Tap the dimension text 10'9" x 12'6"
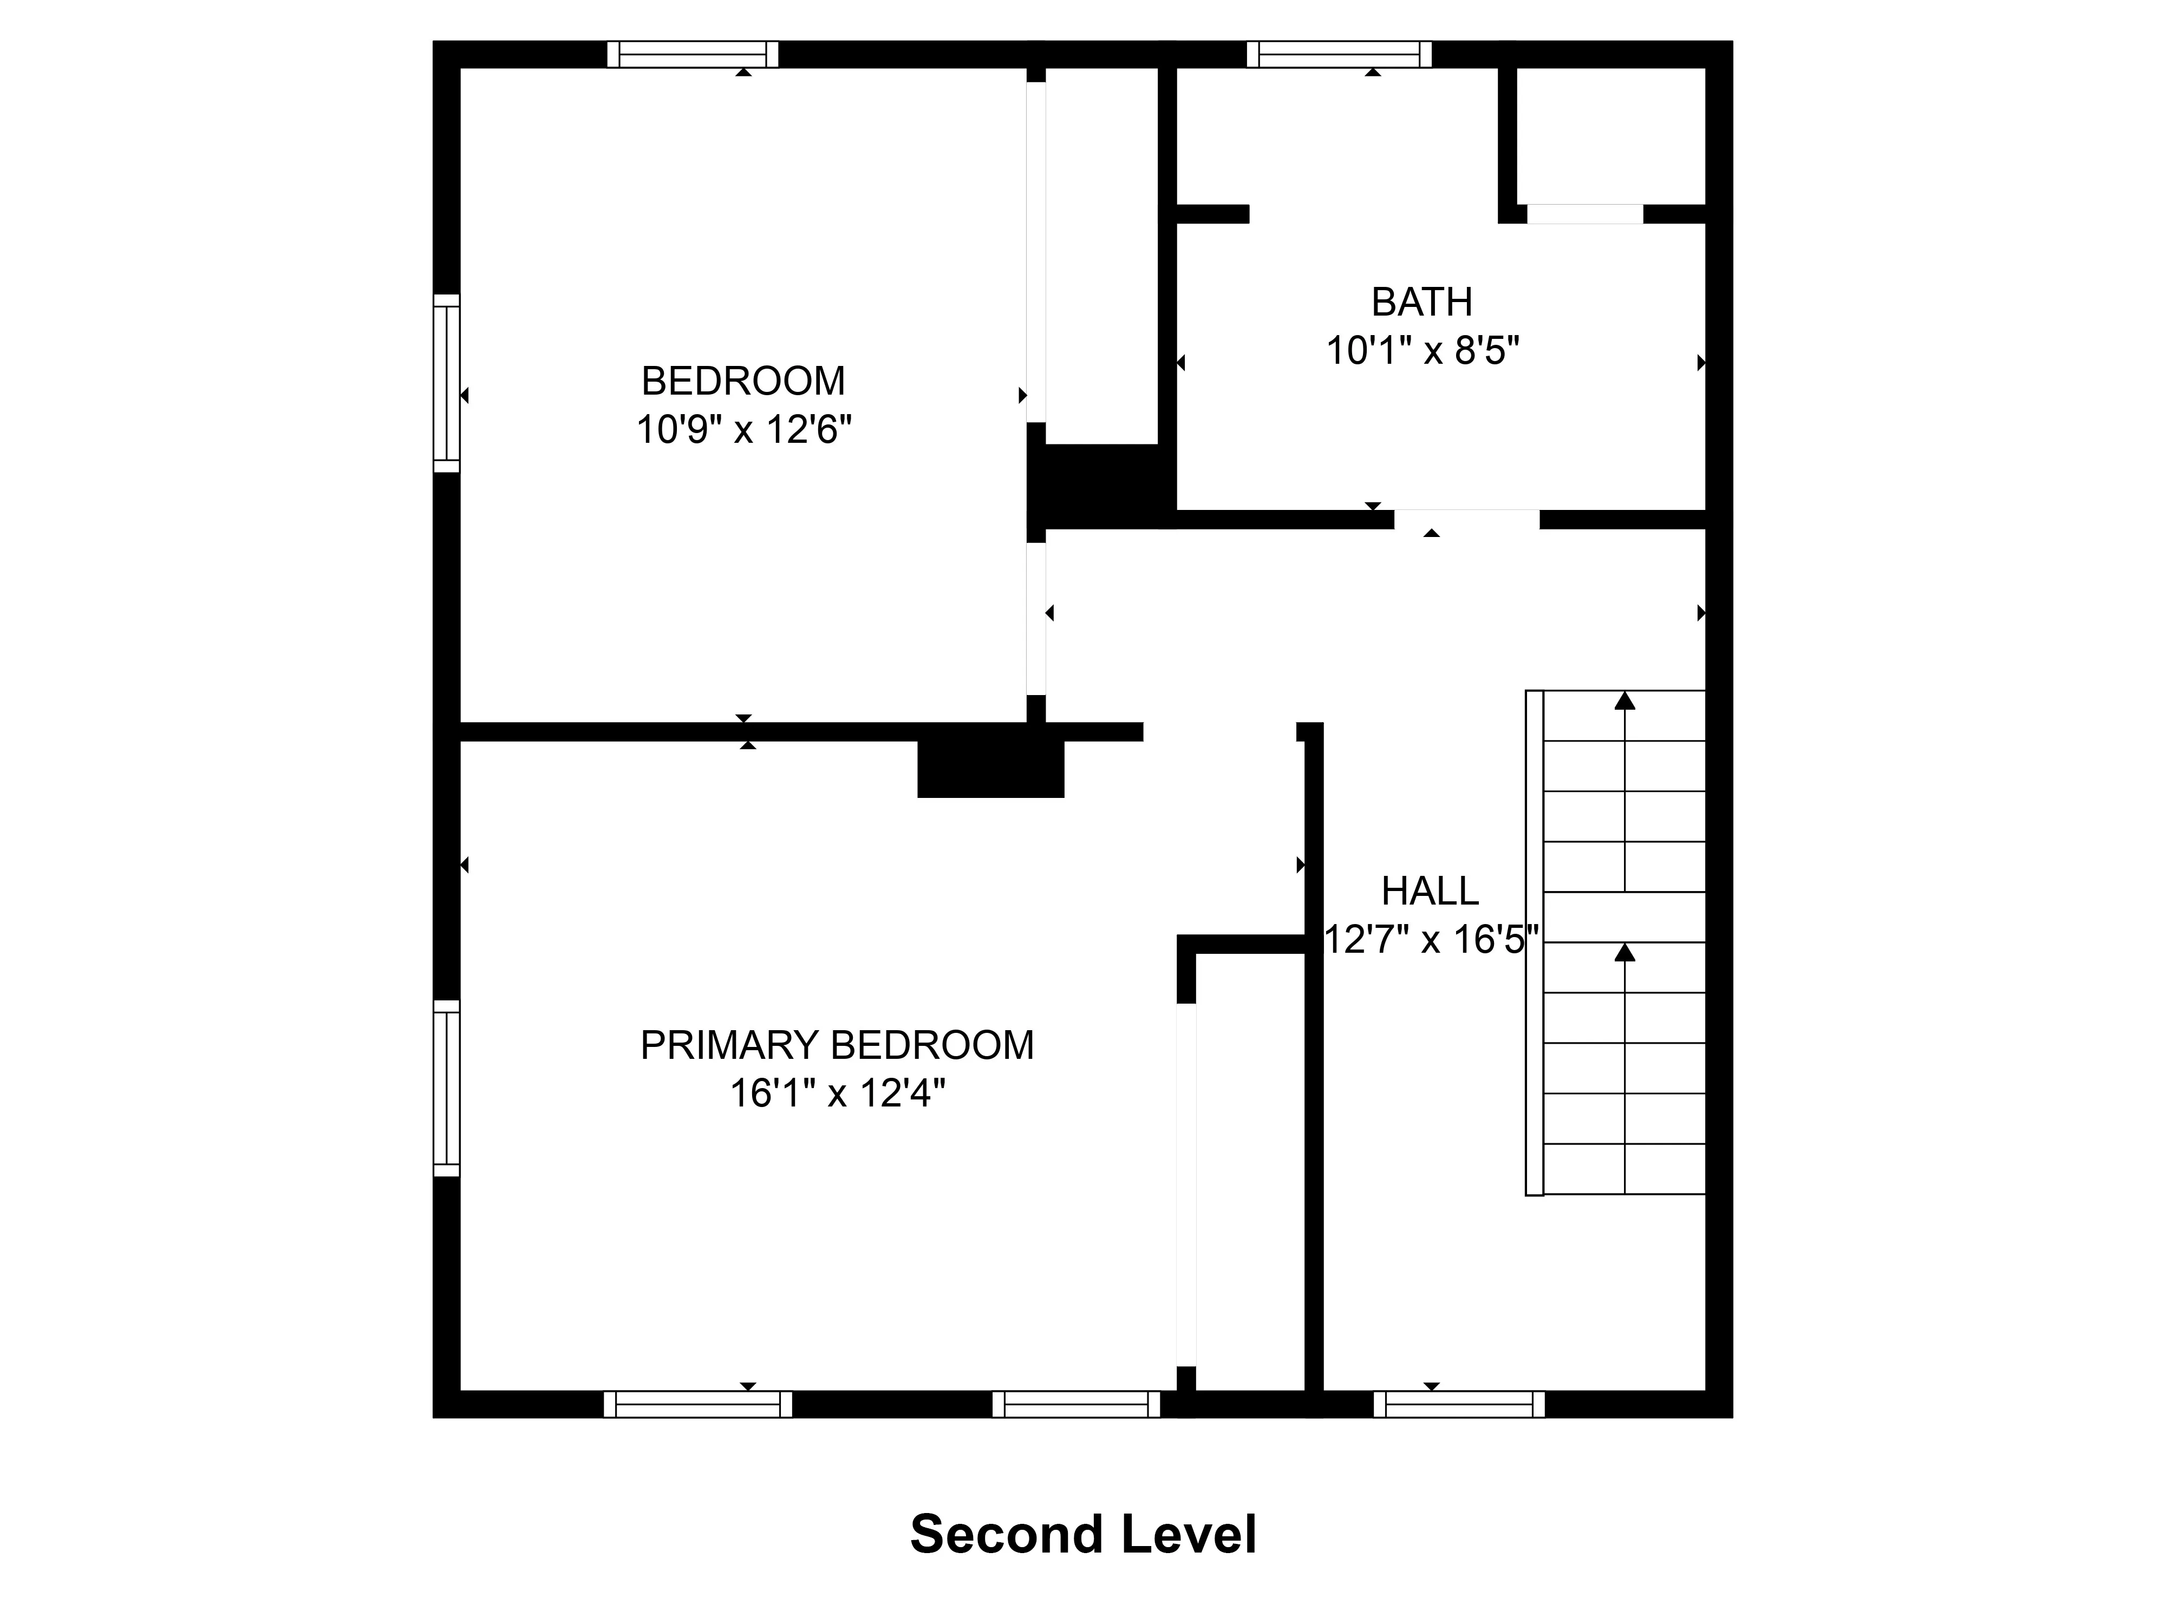pos(743,430)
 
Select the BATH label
pos(1422,303)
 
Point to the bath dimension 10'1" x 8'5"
pos(1422,350)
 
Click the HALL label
pos(1430,892)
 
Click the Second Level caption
pos(1083,1535)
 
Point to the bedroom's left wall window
pos(447,383)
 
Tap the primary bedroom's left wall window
pos(447,1088)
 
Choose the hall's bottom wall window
pos(1459,1404)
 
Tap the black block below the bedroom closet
pos(1101,484)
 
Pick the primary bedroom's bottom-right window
pos(1076,1404)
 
